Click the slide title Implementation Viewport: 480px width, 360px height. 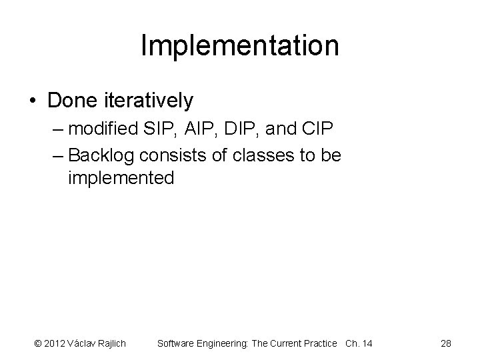(240, 46)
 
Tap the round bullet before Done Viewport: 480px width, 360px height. (33, 101)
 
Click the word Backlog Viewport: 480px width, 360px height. (101, 155)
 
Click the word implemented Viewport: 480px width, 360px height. (121, 178)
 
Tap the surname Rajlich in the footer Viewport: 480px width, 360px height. (111, 343)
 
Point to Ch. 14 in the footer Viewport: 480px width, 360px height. (359, 343)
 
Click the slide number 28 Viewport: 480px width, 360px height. (446, 343)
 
